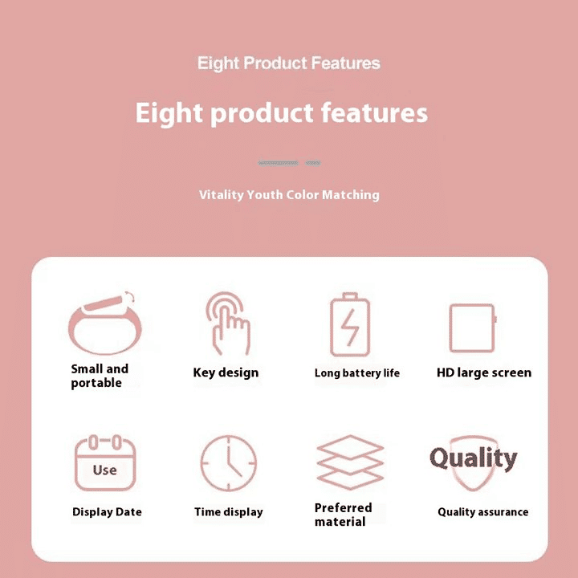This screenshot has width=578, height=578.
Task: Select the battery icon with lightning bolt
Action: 350,325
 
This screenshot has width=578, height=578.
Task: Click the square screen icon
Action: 472,328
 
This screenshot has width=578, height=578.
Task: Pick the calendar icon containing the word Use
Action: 104,463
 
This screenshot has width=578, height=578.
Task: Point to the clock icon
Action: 228,463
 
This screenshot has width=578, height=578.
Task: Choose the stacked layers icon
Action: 349,462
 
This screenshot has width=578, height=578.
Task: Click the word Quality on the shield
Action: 473,458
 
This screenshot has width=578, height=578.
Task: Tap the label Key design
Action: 226,372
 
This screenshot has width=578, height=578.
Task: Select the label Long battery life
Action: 356,373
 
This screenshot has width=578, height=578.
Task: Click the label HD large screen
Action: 483,372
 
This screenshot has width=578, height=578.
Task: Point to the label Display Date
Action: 107,512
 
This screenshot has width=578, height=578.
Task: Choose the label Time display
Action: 228,512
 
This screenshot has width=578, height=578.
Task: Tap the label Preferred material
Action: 343,515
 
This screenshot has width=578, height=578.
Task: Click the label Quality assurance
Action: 482,512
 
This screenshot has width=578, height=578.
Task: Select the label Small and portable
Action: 99,376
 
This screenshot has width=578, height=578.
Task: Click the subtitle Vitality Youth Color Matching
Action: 289,195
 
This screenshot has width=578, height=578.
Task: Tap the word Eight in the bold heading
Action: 167,113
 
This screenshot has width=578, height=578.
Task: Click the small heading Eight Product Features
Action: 289,63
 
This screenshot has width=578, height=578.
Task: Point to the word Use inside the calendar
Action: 104,470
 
